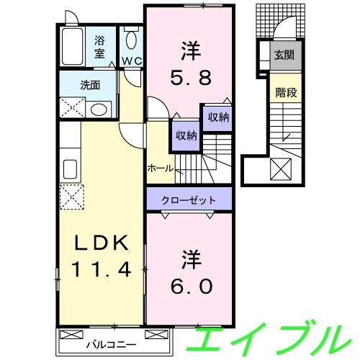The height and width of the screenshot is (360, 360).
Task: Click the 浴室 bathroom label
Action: click(x=99, y=47)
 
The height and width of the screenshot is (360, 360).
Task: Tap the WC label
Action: click(x=130, y=61)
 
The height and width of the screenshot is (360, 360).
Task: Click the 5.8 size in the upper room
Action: click(x=189, y=73)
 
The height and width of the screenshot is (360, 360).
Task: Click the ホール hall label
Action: click(x=159, y=167)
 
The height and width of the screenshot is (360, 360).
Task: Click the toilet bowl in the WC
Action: click(x=131, y=40)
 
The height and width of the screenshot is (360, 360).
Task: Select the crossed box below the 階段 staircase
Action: click(x=279, y=169)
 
